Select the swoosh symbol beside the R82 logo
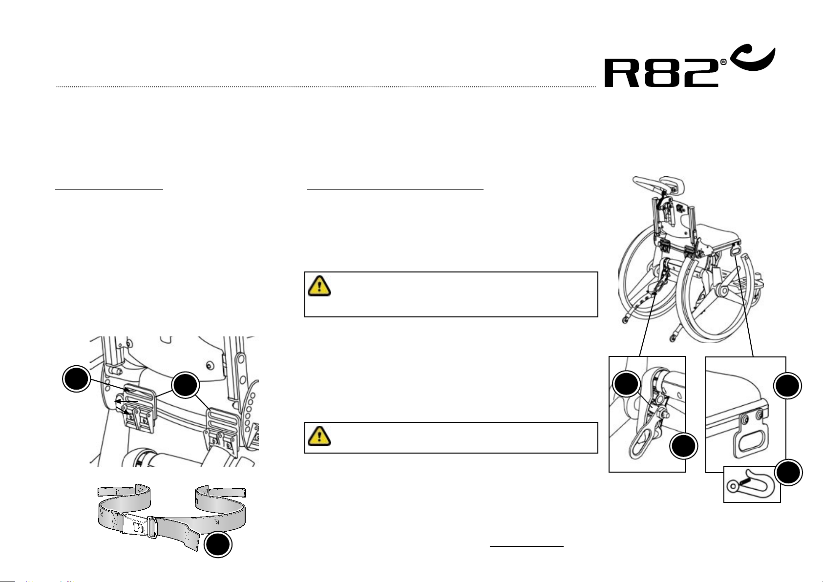click(x=753, y=59)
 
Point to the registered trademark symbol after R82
click(x=723, y=62)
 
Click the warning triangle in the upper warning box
click(x=319, y=286)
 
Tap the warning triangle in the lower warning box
click(x=319, y=436)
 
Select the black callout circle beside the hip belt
click(x=218, y=544)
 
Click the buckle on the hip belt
click(x=138, y=526)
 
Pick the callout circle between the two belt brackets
click(x=185, y=385)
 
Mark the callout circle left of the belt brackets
click(x=76, y=378)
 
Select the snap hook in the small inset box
click(x=751, y=483)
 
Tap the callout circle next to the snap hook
click(x=788, y=472)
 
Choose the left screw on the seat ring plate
click(x=745, y=419)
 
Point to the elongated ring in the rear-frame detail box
click(x=641, y=442)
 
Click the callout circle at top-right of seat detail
click(x=787, y=386)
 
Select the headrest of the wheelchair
click(x=657, y=185)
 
